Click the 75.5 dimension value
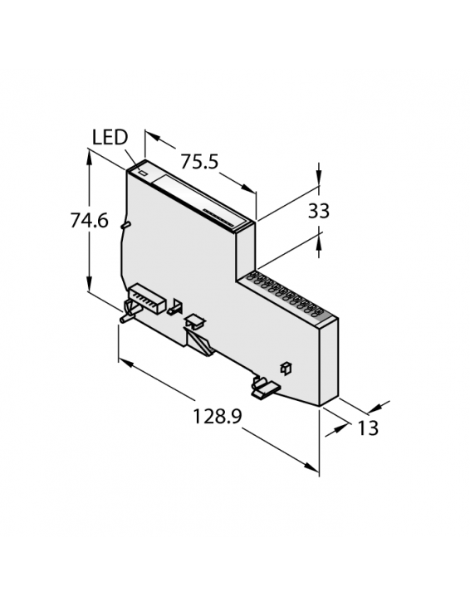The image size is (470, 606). coord(199,162)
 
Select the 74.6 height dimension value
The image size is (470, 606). coord(88,222)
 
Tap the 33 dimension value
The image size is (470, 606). coord(319,212)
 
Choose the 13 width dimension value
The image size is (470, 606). coord(368,428)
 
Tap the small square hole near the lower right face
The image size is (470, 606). coord(286,366)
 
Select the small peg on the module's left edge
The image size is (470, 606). coord(125,223)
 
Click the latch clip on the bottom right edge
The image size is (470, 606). coord(264,385)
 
